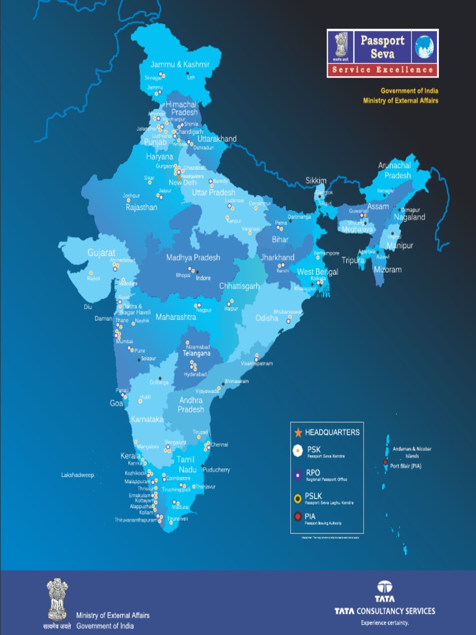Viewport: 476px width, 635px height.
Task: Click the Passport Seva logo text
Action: pyautogui.click(x=382, y=47)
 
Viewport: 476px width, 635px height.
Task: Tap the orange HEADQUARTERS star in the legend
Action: pyautogui.click(x=297, y=432)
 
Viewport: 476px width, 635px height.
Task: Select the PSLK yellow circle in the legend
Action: pyautogui.click(x=297, y=497)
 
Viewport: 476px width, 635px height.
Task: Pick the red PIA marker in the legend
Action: pyautogui.click(x=297, y=517)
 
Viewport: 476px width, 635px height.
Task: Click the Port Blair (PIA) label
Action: pyautogui.click(x=406, y=466)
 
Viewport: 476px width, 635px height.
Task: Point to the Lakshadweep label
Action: pyautogui.click(x=77, y=475)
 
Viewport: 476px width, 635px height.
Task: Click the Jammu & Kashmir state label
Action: pyautogui.click(x=180, y=64)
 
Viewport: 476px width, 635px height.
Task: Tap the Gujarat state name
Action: pyautogui.click(x=101, y=253)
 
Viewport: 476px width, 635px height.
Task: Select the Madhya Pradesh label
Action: pyautogui.click(x=193, y=257)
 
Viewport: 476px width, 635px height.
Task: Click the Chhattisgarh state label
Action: pyautogui.click(x=239, y=286)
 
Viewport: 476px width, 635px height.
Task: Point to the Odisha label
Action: pyautogui.click(x=267, y=318)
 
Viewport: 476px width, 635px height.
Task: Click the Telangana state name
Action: pyautogui.click(x=196, y=353)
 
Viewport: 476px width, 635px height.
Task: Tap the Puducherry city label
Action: pyautogui.click(x=216, y=470)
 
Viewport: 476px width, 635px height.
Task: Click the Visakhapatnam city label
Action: pyautogui.click(x=256, y=363)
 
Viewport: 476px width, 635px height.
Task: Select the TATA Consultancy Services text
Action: pyautogui.click(x=385, y=611)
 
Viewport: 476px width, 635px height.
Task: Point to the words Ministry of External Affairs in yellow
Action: pyautogui.click(x=400, y=100)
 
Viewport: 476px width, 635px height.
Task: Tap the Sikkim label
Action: pyautogui.click(x=315, y=180)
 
